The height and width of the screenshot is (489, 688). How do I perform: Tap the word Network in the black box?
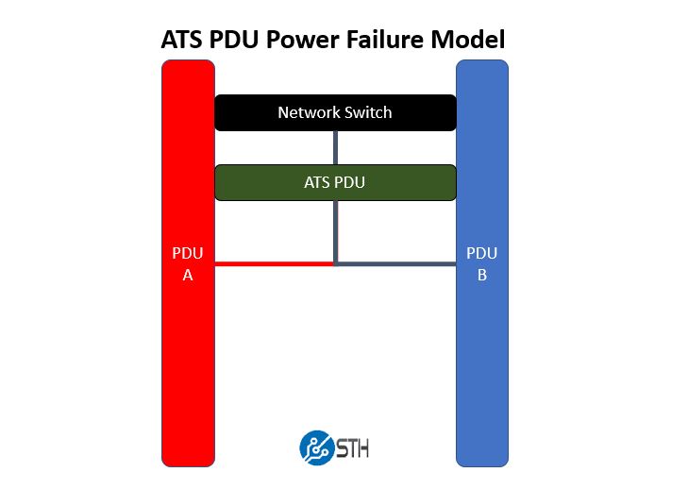click(x=308, y=113)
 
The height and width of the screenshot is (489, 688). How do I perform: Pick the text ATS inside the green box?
click(x=318, y=182)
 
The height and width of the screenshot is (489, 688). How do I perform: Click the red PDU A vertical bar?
click(x=188, y=359)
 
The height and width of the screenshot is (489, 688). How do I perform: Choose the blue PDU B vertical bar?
click(x=482, y=359)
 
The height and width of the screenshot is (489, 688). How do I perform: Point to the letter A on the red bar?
click(x=188, y=275)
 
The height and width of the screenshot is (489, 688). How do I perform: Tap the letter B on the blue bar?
click(x=482, y=275)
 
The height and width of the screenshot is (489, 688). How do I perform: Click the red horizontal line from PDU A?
click(x=274, y=264)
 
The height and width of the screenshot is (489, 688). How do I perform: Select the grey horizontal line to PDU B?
click(x=396, y=264)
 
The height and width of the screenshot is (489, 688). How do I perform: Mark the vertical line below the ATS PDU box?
click(x=335, y=231)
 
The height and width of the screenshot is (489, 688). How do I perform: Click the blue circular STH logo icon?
click(x=313, y=446)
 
